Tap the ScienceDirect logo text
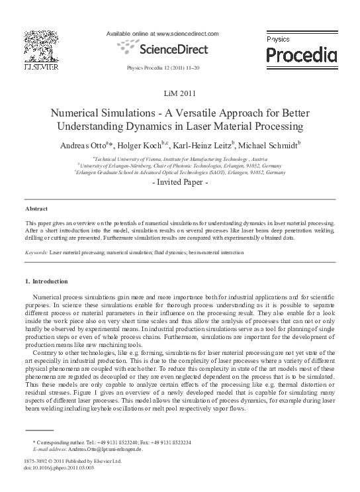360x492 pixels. [172, 49]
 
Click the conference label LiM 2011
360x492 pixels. [180, 93]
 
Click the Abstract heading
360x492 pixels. [36, 209]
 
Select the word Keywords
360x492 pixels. [36, 253]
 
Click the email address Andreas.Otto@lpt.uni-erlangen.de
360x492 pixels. [103, 449]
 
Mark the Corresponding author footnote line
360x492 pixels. [112, 442]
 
